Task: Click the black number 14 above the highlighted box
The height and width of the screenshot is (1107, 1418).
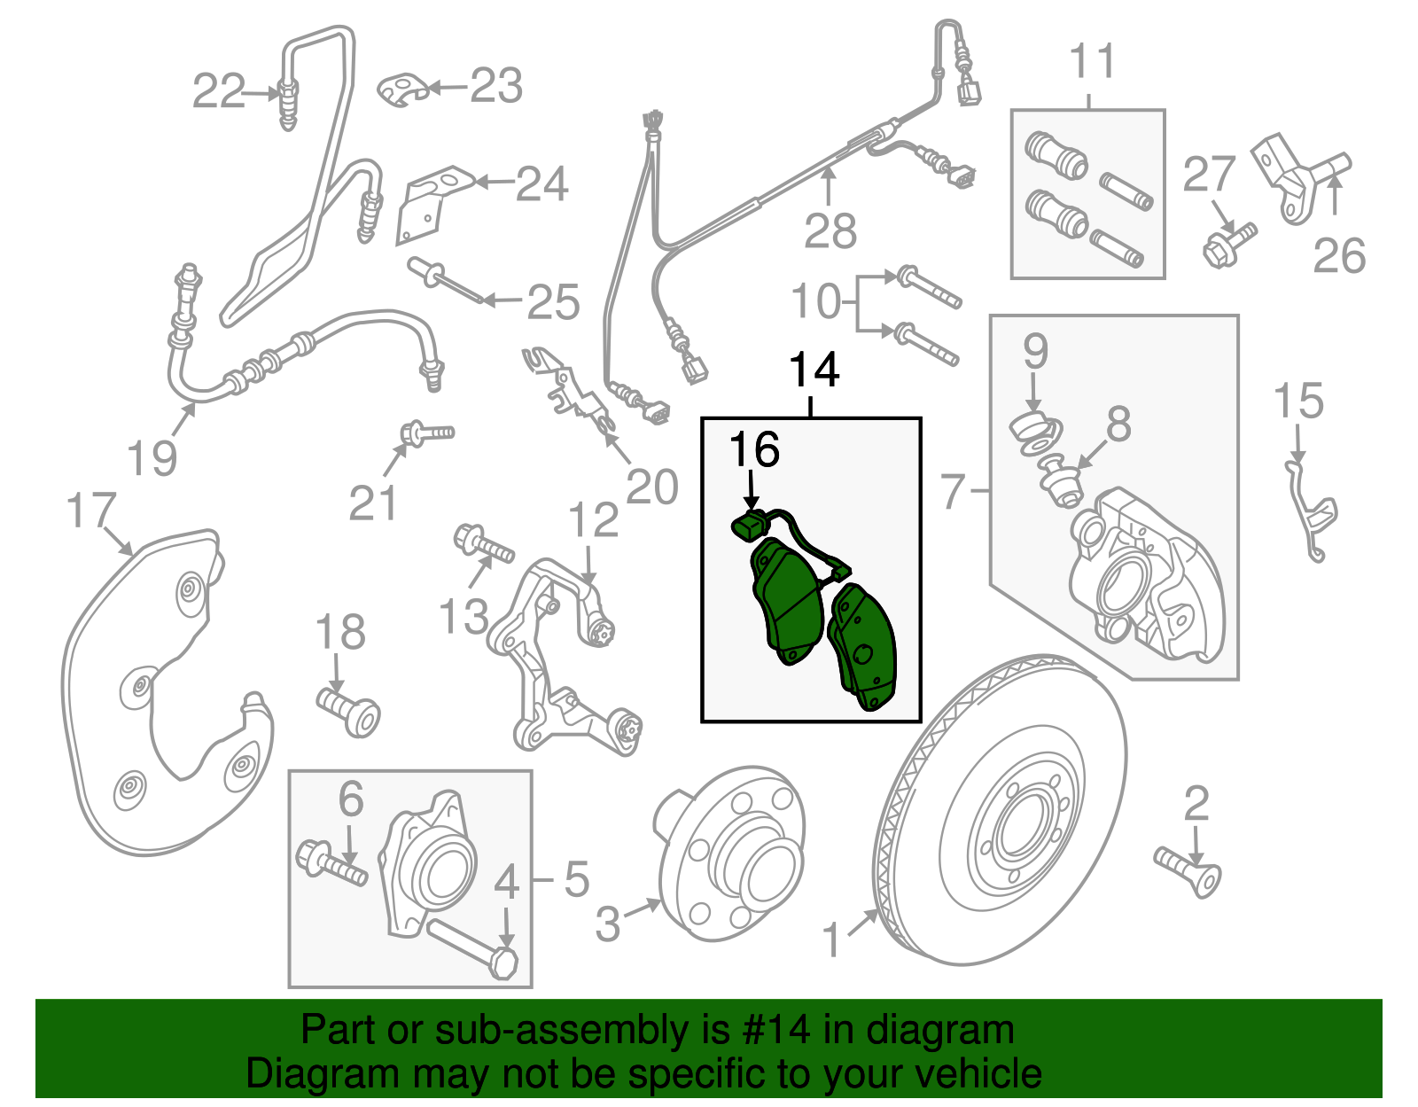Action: [x=814, y=370]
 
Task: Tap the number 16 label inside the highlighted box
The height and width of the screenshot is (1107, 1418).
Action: [x=754, y=450]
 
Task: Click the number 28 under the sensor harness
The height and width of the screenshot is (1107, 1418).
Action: [x=830, y=232]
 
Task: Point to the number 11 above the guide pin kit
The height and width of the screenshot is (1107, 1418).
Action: [x=1091, y=62]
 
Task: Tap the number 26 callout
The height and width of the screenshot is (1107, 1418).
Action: [x=1338, y=256]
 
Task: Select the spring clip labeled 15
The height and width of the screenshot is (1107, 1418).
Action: [x=1312, y=514]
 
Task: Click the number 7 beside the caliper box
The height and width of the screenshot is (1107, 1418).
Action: [x=953, y=491]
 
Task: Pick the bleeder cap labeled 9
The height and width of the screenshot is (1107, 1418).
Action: [x=1032, y=430]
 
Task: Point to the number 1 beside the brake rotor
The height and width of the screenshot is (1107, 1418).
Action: [x=831, y=940]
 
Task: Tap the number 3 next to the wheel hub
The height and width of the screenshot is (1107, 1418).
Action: [x=608, y=924]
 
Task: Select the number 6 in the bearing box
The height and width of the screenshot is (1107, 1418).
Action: [x=351, y=799]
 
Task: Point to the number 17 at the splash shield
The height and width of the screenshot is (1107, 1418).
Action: [x=91, y=511]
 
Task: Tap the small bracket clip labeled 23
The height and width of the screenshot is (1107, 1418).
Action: [x=403, y=90]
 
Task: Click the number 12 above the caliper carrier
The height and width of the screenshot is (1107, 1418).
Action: [x=593, y=520]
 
